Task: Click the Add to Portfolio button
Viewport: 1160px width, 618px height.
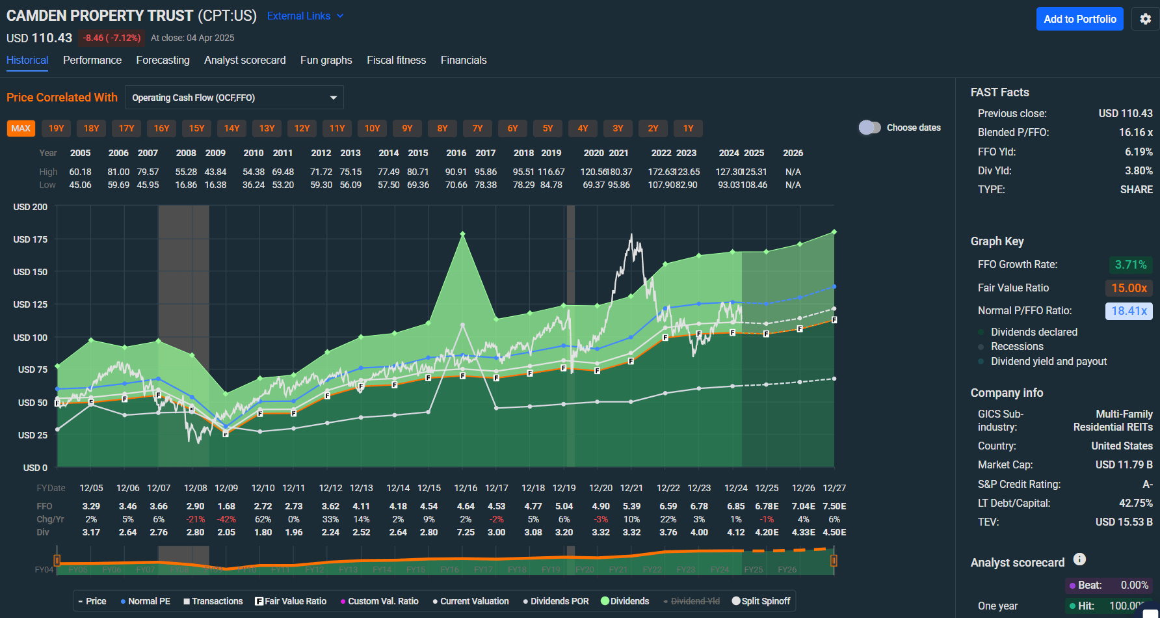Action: point(1079,19)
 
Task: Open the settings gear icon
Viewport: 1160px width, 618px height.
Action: point(1146,19)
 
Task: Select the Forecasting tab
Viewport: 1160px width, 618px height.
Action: point(163,60)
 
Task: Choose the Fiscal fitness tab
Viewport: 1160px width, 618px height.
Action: point(396,60)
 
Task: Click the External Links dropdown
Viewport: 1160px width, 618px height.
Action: point(305,16)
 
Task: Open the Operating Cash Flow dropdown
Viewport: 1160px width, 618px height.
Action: point(234,98)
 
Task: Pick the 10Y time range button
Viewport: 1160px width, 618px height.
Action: point(372,128)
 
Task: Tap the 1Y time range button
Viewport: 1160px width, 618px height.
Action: point(688,128)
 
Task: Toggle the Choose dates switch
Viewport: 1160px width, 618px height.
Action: point(869,128)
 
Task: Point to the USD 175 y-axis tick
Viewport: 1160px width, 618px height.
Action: point(31,239)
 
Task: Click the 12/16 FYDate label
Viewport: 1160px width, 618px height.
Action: point(466,488)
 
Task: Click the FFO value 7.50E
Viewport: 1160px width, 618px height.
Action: point(834,506)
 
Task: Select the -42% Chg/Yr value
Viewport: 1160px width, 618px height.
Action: point(226,519)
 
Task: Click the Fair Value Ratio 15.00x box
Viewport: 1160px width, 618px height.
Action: point(1129,288)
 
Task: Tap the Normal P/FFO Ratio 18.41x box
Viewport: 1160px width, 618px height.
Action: point(1129,310)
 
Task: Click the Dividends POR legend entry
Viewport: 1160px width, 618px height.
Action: point(556,601)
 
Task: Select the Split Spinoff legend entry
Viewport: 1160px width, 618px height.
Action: point(761,601)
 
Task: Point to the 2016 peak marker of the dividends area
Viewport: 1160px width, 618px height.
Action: point(462,234)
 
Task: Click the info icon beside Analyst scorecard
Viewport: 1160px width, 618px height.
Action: point(1079,559)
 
